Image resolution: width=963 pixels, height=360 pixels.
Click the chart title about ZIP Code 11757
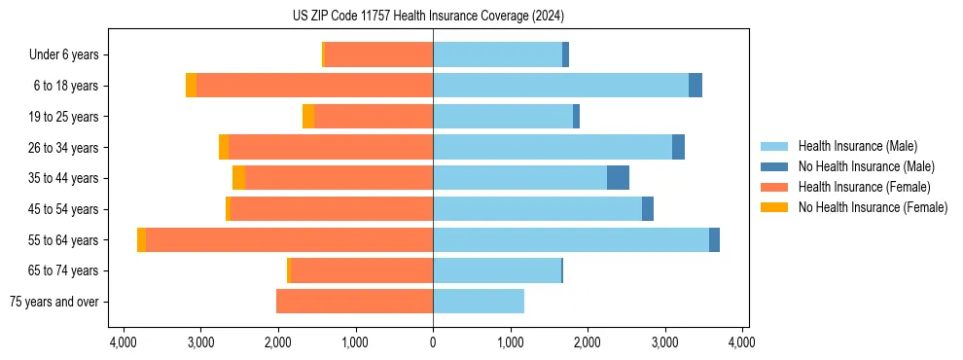tap(428, 17)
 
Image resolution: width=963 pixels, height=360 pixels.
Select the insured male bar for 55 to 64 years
tap(571, 239)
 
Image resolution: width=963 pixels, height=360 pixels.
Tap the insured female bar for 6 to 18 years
tap(314, 86)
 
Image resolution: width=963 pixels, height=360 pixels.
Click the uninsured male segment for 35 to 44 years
tap(618, 178)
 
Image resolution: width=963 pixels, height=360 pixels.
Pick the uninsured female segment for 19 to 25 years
tap(308, 117)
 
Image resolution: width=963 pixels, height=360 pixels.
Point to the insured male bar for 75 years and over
tap(479, 302)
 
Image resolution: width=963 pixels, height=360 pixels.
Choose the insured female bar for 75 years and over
tap(354, 302)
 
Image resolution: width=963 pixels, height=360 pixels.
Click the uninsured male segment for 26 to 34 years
tap(678, 147)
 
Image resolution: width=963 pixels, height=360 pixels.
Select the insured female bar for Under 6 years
tap(378, 54)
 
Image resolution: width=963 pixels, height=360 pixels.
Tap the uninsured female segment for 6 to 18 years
tap(191, 86)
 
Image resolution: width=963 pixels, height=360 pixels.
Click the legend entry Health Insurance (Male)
tap(857, 146)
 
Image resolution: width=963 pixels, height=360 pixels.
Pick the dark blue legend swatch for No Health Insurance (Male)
tap(774, 166)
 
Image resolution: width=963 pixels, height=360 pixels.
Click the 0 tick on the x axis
tap(433, 342)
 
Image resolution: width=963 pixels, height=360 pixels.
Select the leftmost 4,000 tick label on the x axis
tap(123, 342)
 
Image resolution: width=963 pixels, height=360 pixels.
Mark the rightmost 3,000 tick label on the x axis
tap(664, 342)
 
